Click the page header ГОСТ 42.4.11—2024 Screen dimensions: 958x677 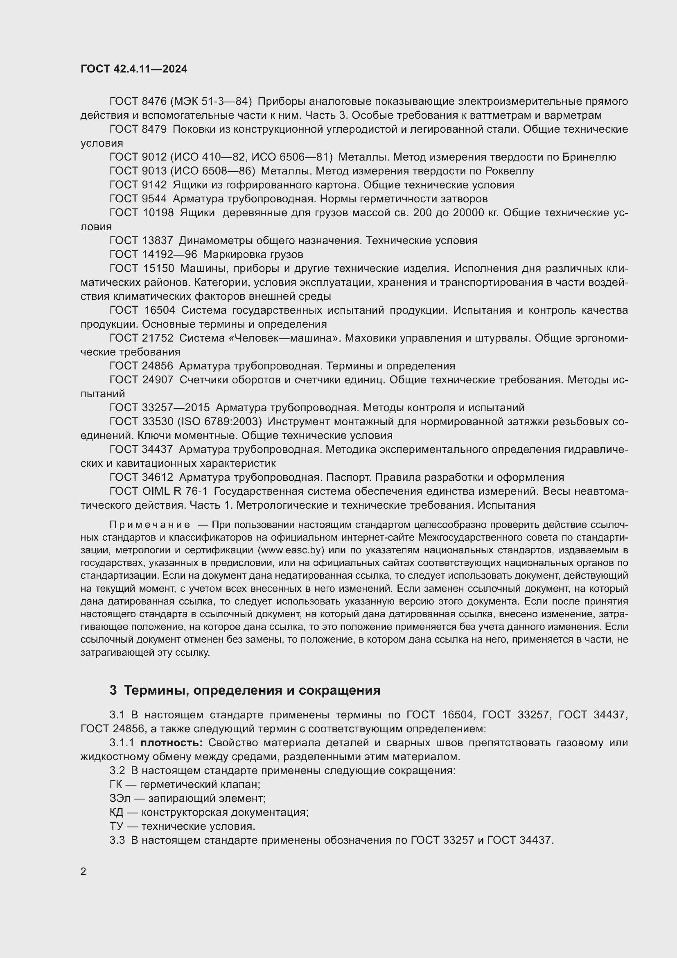(x=134, y=69)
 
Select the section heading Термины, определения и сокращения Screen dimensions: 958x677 (x=252, y=691)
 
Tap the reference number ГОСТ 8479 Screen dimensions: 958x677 (x=138, y=129)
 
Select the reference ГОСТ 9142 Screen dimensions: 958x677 (x=138, y=185)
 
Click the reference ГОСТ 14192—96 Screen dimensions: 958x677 (x=153, y=254)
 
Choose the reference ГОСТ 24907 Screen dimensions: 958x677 (x=141, y=380)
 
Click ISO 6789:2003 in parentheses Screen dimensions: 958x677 (x=220, y=421)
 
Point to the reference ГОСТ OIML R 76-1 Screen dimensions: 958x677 (x=158, y=491)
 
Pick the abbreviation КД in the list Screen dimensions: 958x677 (x=117, y=812)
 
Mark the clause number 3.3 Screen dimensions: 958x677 (x=117, y=840)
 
